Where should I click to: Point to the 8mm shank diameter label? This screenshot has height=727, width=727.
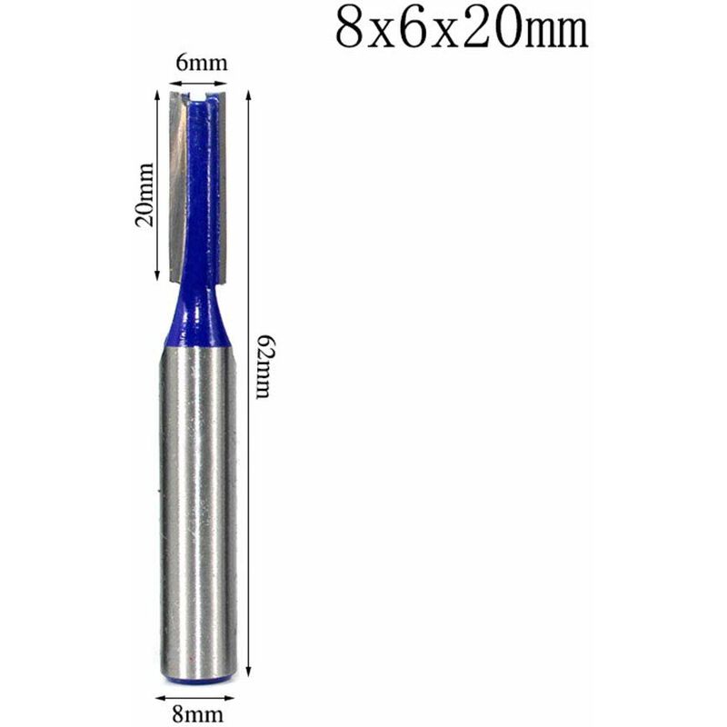pyautogui.click(x=197, y=714)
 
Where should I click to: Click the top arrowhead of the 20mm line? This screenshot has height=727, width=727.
pyautogui.click(x=159, y=95)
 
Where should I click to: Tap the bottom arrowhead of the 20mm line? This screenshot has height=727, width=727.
pyautogui.click(x=159, y=274)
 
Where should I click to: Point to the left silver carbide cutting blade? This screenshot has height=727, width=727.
pyautogui.click(x=178, y=173)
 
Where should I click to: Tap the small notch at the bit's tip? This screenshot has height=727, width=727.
pyautogui.click(x=201, y=92)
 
